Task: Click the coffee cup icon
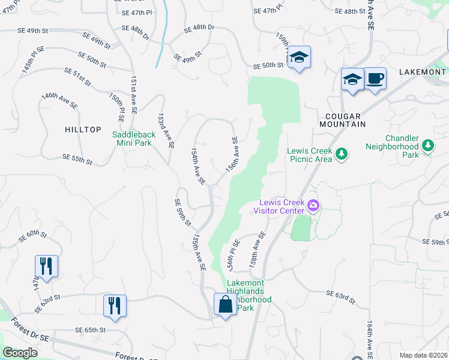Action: click(375, 79)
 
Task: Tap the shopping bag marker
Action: click(225, 304)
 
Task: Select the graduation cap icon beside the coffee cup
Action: click(352, 80)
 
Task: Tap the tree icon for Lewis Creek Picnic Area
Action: click(342, 154)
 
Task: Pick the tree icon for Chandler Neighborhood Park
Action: click(428, 146)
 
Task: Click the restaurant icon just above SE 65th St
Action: click(113, 305)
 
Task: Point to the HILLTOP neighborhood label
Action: click(82, 129)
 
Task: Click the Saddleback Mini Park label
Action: click(134, 139)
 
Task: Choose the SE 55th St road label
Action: click(77, 159)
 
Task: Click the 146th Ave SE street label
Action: click(59, 100)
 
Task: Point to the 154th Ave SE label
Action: click(198, 166)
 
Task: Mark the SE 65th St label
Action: click(90, 330)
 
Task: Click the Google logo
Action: click(20, 353)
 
